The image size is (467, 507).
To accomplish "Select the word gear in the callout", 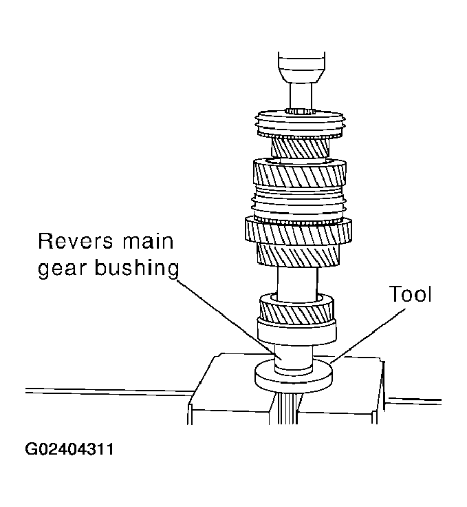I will (63, 269).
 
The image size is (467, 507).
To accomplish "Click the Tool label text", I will (411, 295).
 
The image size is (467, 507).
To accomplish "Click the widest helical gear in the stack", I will (298, 230).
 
